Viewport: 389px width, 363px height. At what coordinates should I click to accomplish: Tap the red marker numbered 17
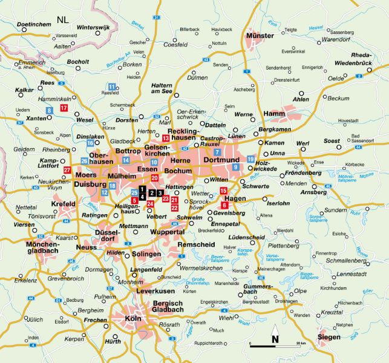(64, 108)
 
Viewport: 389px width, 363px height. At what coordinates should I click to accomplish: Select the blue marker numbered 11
(111, 87)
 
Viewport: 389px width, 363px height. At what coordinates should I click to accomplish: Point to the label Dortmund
(223, 160)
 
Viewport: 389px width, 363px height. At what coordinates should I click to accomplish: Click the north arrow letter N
(275, 339)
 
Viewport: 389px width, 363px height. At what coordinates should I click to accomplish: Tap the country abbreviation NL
(62, 19)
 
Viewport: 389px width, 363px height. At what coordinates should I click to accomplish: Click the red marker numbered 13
(165, 139)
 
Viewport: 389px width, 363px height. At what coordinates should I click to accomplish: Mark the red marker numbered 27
(67, 170)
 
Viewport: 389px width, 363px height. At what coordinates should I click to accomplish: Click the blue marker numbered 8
(49, 110)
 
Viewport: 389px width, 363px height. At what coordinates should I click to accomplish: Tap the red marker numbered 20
(155, 178)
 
